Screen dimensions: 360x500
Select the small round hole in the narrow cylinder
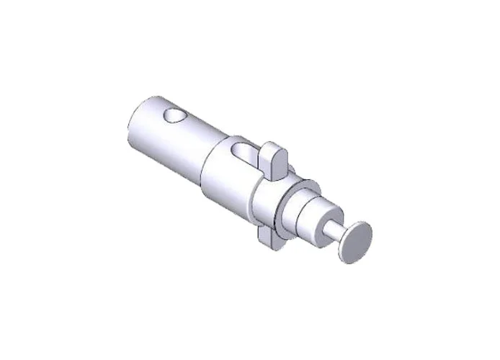click(x=174, y=115)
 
